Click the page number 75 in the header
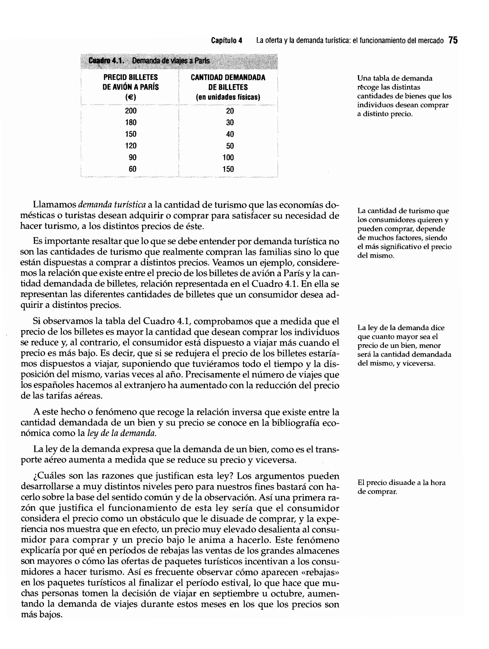[x=453, y=40]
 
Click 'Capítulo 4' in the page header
[x=227, y=41]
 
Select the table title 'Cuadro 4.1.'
[x=106, y=61]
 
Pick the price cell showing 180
[x=131, y=122]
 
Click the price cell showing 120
[x=131, y=146]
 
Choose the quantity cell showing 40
[x=230, y=134]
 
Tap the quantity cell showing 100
[x=228, y=157]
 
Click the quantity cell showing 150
[x=228, y=169]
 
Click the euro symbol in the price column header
[x=131, y=97]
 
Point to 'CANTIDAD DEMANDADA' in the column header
[x=228, y=78]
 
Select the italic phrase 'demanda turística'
[x=112, y=205]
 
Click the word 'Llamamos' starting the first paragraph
[x=54, y=205]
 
